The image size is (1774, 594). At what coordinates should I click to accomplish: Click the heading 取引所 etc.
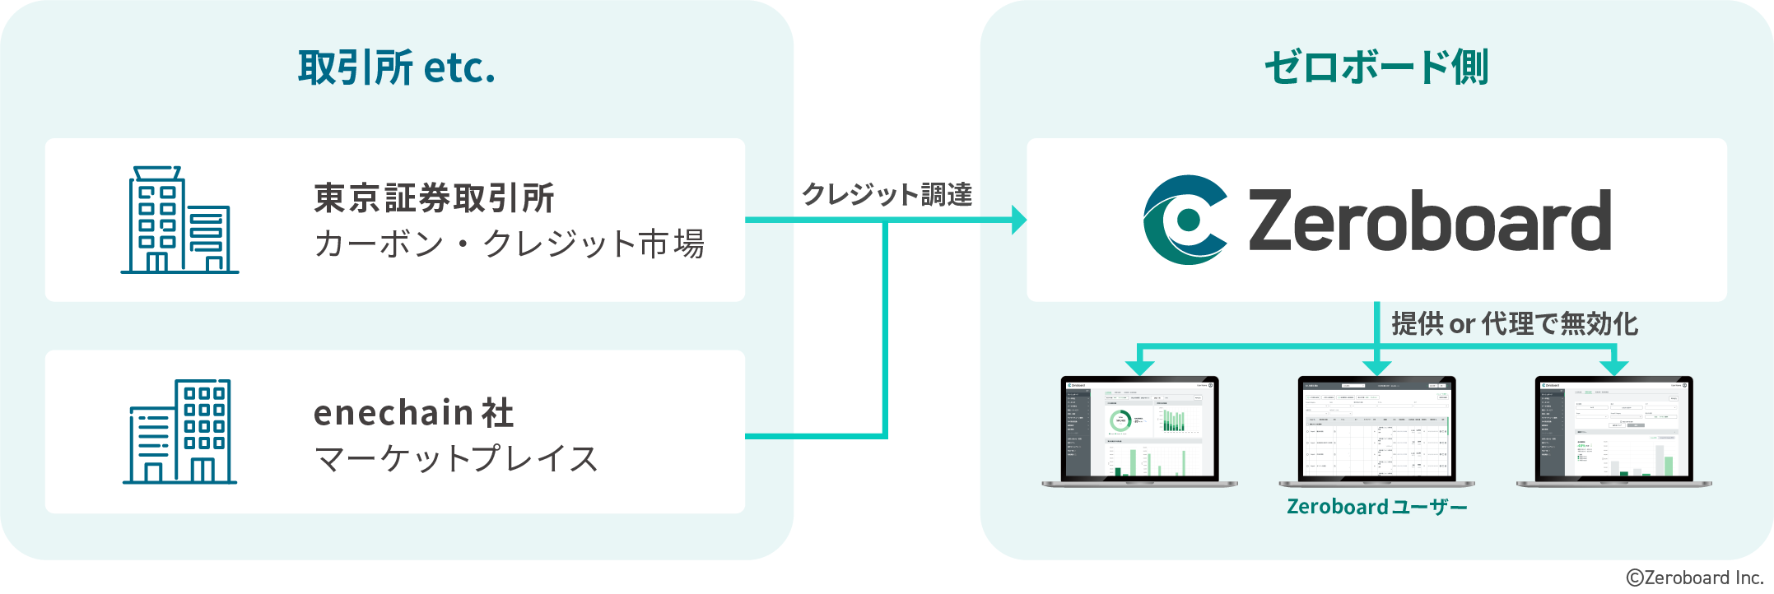(x=396, y=67)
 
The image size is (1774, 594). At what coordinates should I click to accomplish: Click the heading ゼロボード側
(x=1376, y=67)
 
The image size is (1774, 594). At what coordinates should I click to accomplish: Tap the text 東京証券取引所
(x=434, y=198)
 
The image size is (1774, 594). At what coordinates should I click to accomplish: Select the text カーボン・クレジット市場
(x=509, y=244)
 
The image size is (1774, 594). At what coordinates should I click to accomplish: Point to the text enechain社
(x=413, y=413)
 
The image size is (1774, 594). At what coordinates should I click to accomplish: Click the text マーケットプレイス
(x=456, y=459)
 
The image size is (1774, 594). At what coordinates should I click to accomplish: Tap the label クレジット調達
(x=887, y=194)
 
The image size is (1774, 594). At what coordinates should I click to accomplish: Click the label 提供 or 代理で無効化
(x=1514, y=324)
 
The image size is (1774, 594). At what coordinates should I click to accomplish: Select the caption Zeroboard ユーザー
(x=1376, y=507)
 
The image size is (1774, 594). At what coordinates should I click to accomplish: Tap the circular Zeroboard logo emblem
(x=1185, y=220)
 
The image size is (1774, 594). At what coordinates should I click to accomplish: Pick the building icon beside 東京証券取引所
(x=179, y=220)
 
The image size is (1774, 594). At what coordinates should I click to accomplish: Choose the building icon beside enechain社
(x=179, y=431)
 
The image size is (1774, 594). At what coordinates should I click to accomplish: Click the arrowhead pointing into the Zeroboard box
(x=1018, y=220)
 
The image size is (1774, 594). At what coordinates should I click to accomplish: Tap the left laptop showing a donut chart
(x=1139, y=431)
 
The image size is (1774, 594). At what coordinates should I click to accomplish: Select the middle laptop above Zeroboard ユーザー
(x=1376, y=431)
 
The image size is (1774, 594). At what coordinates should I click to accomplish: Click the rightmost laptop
(x=1613, y=431)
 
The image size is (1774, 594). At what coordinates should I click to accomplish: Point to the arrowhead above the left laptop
(x=1139, y=366)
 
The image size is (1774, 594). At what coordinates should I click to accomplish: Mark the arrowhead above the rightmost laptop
(x=1613, y=366)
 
